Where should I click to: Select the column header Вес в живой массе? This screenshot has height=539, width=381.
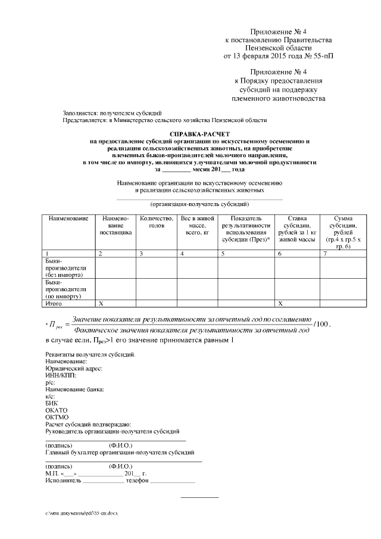[196, 226]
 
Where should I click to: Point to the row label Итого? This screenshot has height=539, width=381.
[53, 304]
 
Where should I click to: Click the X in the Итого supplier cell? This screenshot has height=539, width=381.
[101, 304]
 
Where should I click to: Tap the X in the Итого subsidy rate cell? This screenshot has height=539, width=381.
[280, 304]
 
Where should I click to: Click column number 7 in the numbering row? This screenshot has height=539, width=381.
[325, 254]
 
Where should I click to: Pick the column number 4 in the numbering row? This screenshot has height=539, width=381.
[182, 254]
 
